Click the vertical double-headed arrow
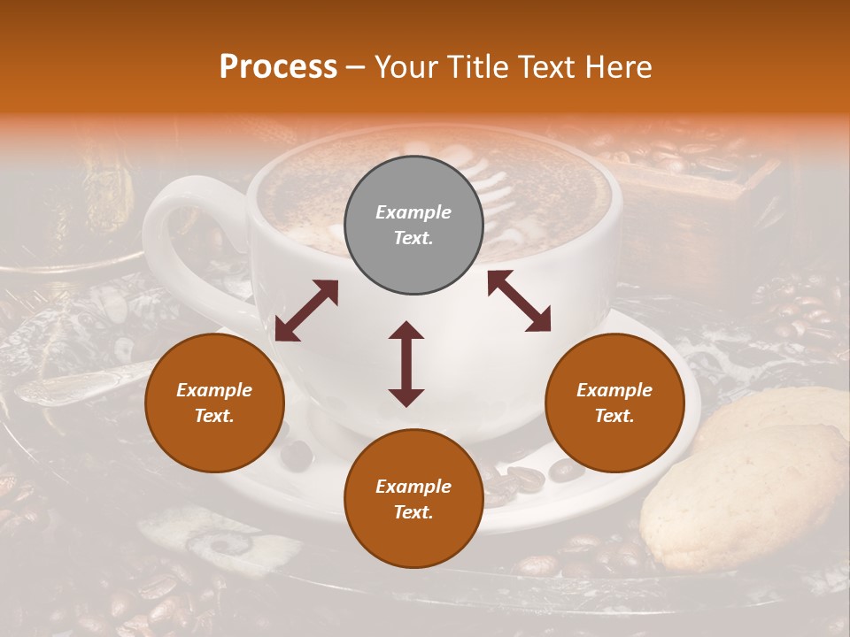point(406,364)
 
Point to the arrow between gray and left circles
point(306,311)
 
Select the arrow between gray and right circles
point(519,301)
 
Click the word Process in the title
point(278,66)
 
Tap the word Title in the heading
point(479,66)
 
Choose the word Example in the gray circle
point(413,212)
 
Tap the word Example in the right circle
point(614,390)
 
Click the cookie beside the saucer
point(744,495)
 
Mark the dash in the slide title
point(356,67)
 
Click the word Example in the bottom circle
point(413,487)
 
